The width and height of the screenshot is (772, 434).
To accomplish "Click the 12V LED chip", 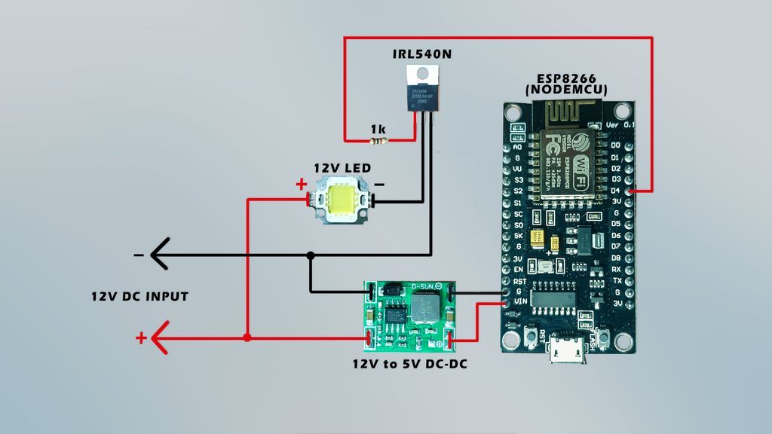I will [342, 200].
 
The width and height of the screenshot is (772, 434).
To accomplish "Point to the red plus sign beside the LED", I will [301, 184].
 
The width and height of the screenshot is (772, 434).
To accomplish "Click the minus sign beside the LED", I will [379, 184].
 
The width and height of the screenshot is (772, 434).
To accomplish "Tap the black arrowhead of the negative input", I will [159, 255].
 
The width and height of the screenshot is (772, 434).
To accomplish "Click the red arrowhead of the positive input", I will [160, 338].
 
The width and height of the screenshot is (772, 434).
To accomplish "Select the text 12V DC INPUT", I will [139, 296].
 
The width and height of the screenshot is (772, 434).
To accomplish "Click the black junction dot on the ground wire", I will [311, 255].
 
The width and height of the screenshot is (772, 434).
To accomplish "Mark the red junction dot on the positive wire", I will [247, 338].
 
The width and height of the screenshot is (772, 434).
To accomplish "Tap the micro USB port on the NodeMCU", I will [568, 350].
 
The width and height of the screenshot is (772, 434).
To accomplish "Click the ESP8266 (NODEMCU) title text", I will [567, 84].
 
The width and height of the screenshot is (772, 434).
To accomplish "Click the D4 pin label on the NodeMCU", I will [616, 191].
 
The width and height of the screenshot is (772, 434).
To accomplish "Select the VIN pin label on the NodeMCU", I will [519, 302].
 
